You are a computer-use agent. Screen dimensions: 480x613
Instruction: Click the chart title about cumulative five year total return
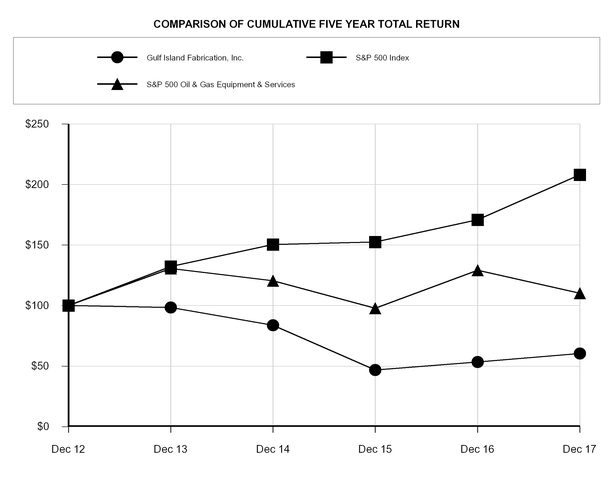[307, 21]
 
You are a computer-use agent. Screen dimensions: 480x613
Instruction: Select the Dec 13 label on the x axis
[170, 450]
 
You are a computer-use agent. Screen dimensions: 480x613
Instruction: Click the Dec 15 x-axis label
[375, 450]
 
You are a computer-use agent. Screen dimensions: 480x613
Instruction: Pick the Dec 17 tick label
[579, 450]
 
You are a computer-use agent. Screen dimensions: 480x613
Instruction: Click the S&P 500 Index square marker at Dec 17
[580, 175]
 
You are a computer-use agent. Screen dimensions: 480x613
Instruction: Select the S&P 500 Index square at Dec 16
[478, 219]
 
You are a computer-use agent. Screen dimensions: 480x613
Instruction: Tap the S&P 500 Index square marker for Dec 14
[273, 244]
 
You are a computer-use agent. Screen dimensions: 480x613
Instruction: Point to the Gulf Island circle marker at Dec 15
[375, 370]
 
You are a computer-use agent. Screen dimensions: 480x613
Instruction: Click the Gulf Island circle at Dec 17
[580, 353]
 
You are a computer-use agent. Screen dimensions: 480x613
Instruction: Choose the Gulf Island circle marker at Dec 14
[273, 325]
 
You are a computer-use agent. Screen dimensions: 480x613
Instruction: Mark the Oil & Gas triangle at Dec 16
[478, 270]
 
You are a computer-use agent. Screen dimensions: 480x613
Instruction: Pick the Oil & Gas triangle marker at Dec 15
[375, 308]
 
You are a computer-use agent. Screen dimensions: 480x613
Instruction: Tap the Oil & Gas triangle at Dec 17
[580, 293]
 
